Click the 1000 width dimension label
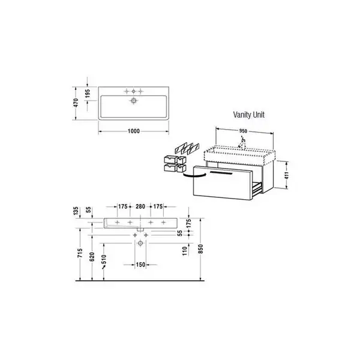(x=134, y=131)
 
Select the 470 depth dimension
(x=76, y=103)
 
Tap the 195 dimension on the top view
(x=88, y=94)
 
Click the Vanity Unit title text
(x=248, y=115)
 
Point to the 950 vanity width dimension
(x=243, y=131)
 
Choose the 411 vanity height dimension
(x=286, y=175)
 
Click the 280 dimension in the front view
(x=140, y=206)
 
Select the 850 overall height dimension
(x=200, y=249)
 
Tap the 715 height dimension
(x=80, y=253)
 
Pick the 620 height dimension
(x=92, y=257)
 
